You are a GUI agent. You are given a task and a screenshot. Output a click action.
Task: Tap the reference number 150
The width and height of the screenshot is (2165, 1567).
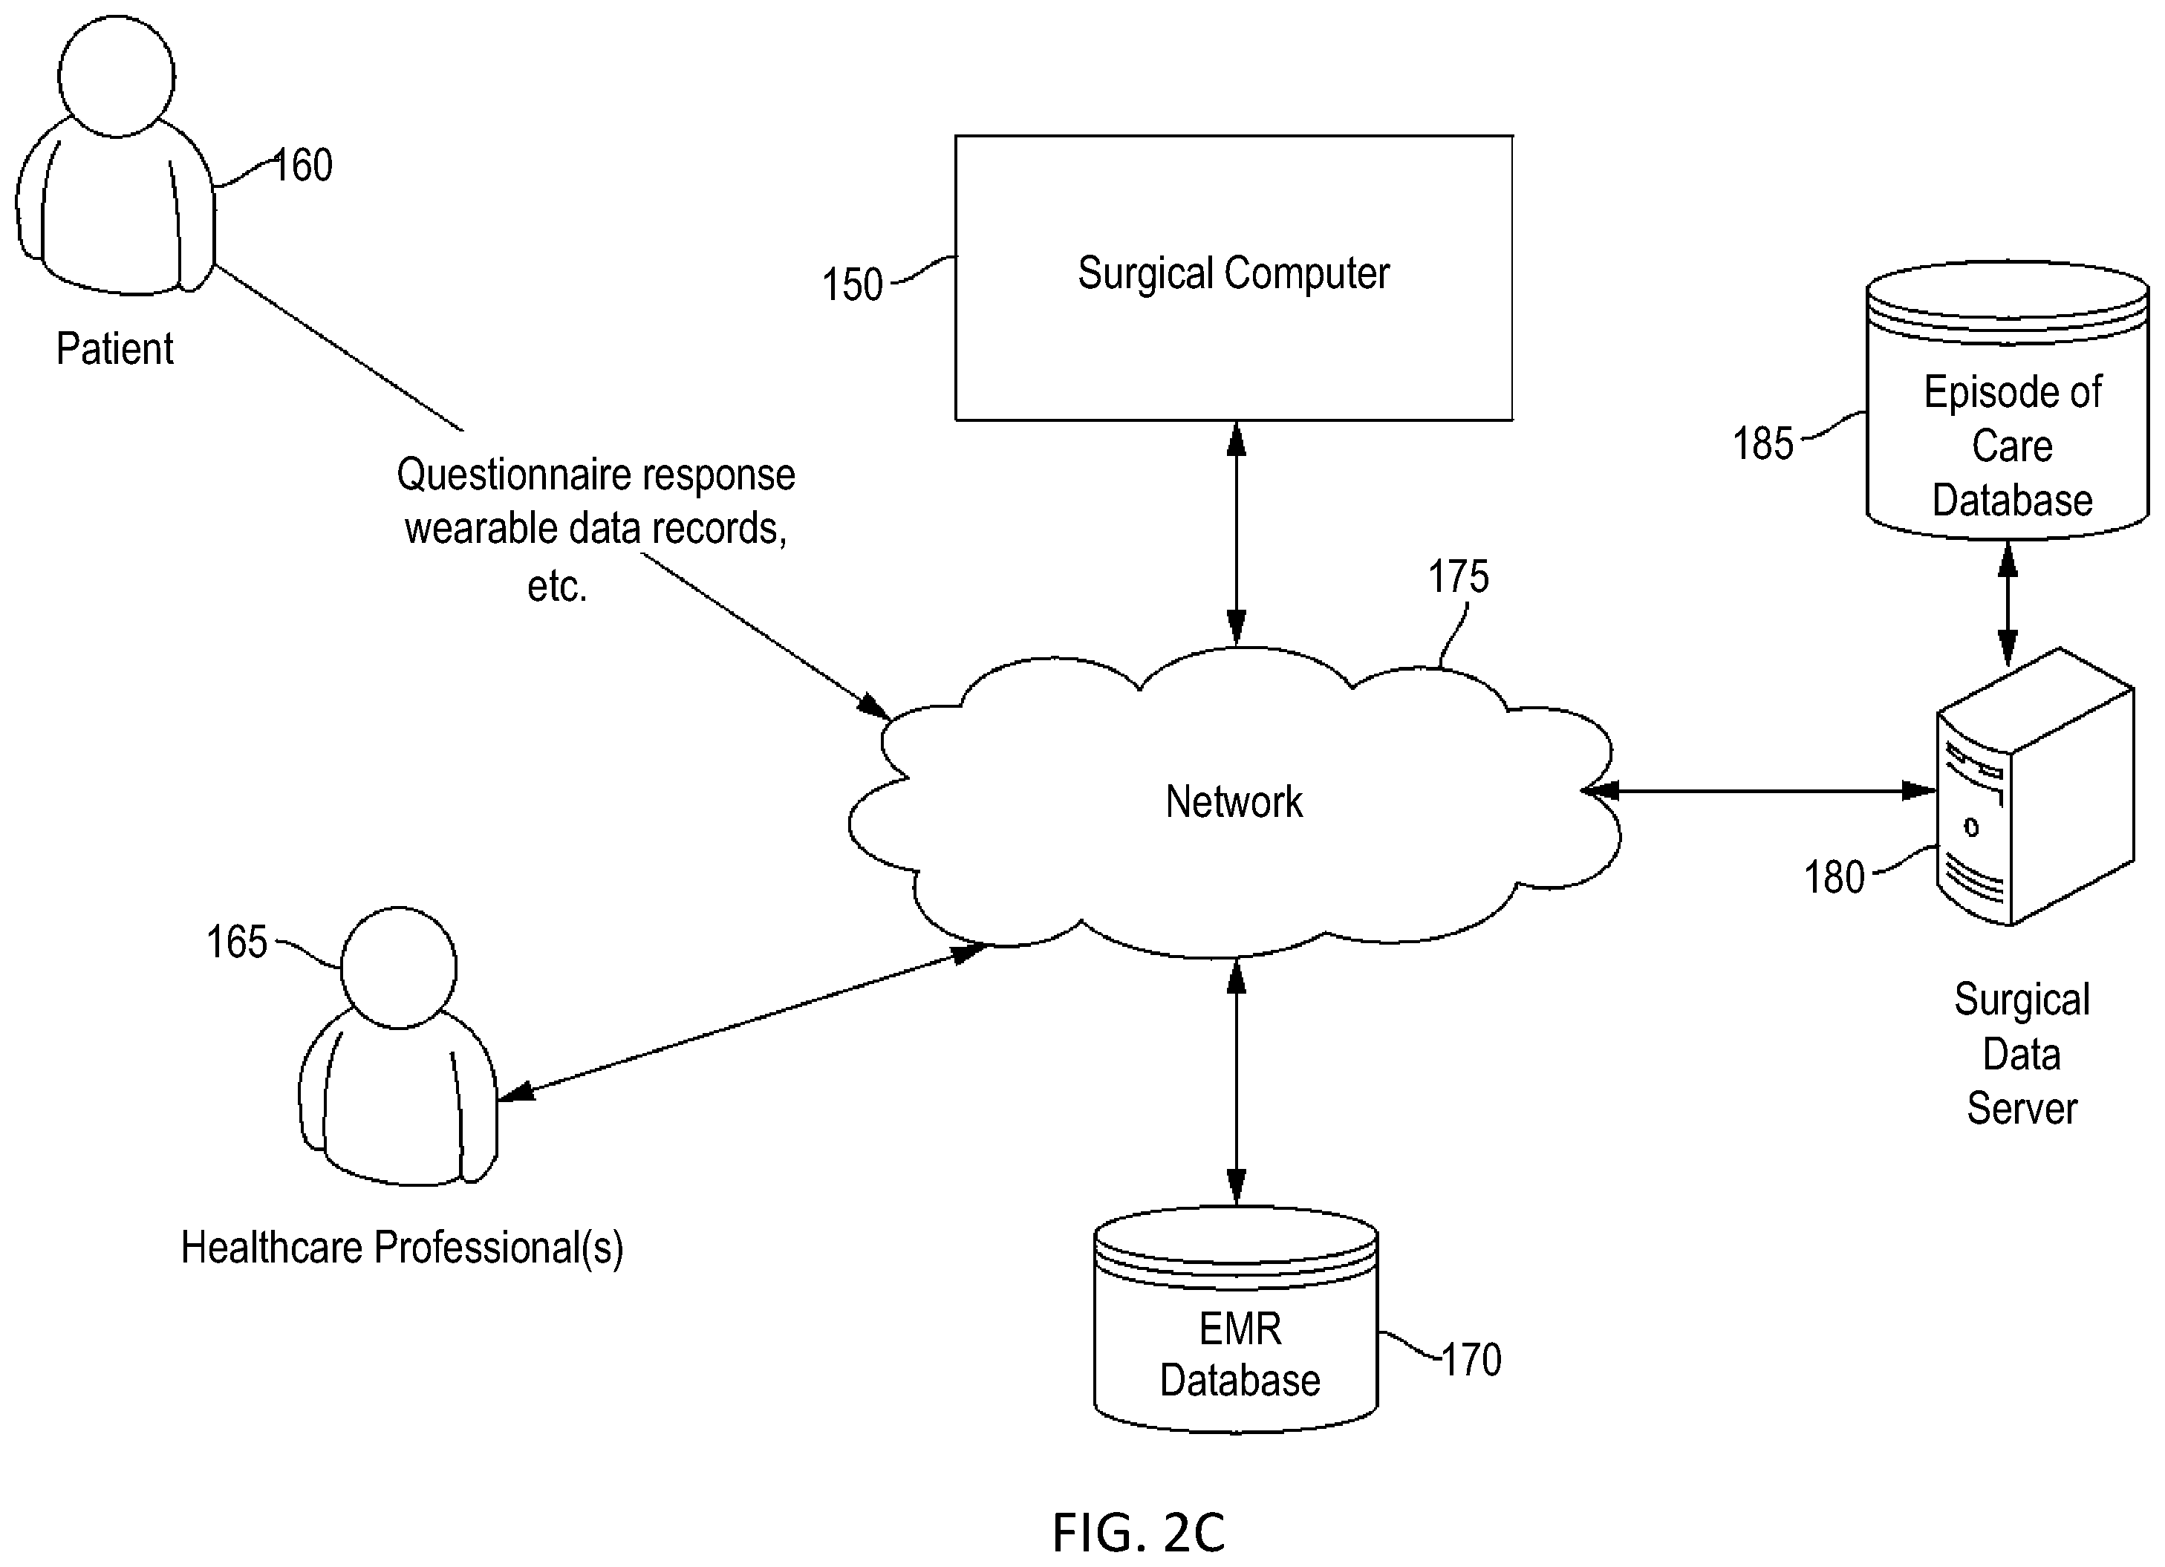[853, 284]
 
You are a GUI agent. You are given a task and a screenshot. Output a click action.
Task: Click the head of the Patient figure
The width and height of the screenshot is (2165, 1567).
[117, 76]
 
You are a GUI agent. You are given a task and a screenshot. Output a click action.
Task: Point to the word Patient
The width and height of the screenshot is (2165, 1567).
[114, 348]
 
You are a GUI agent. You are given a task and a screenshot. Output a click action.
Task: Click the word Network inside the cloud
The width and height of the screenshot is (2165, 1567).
[1234, 801]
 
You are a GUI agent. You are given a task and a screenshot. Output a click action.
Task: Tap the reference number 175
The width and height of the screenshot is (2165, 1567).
[1458, 576]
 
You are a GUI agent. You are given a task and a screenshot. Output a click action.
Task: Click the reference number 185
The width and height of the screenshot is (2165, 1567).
[1763, 444]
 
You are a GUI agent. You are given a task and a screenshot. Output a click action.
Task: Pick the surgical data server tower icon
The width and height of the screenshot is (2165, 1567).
[2034, 787]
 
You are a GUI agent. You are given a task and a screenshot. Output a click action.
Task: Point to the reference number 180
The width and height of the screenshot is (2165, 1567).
[1834, 877]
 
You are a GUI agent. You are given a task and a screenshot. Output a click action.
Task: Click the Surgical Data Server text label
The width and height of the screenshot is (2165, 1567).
[2022, 1054]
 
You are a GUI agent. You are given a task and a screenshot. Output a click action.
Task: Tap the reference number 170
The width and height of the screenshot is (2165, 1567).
[1471, 1360]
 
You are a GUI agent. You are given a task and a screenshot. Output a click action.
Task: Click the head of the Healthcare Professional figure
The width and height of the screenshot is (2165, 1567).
[398, 968]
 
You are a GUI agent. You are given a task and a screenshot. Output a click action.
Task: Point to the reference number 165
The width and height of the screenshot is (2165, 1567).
[237, 942]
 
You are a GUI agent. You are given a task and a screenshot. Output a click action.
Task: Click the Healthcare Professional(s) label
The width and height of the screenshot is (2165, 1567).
[402, 1248]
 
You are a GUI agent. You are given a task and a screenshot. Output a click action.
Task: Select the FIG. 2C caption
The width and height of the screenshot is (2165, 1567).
[1138, 1533]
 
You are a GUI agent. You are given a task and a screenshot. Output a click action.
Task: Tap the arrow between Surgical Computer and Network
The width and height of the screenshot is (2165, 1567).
[1236, 533]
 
